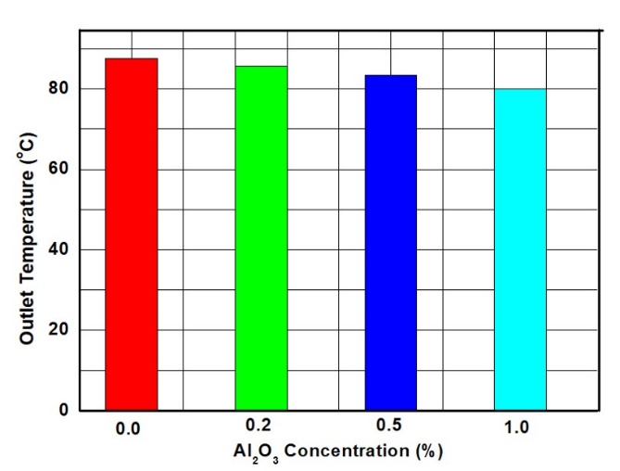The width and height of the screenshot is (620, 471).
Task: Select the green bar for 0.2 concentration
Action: coord(260,237)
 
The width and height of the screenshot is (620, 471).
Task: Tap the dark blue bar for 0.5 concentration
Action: coord(390,242)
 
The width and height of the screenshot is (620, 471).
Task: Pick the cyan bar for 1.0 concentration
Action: coord(519,249)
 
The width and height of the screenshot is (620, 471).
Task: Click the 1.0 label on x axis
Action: coord(519,429)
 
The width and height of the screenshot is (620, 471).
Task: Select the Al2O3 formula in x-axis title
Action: coord(261,453)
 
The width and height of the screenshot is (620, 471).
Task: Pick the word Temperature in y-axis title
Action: coord(27,232)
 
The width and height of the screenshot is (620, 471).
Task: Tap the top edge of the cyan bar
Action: coord(519,89)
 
